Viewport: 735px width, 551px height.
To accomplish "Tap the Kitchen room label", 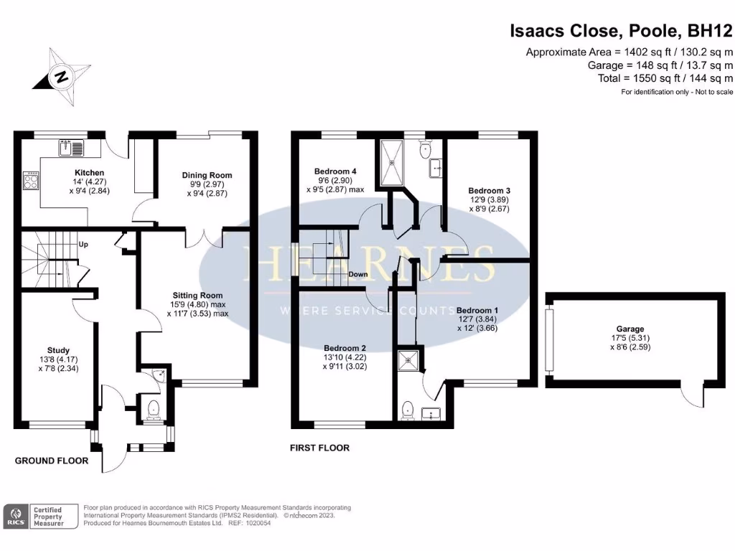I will [90, 173].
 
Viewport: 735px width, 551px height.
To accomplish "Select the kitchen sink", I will [72, 149].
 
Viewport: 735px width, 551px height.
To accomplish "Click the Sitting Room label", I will [197, 295].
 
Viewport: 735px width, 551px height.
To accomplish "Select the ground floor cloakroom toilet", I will [152, 409].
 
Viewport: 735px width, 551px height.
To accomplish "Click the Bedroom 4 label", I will [335, 171].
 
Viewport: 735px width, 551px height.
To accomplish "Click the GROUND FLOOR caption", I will [52, 461].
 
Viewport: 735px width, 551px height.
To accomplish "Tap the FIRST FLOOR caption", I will [319, 448].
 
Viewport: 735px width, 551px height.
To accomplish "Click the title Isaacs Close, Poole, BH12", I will [621, 31].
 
